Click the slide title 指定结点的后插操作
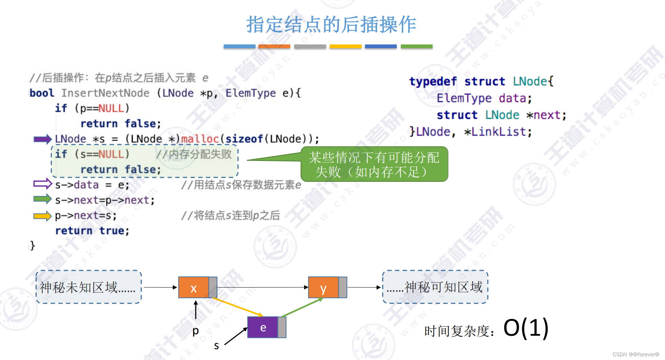click(x=331, y=25)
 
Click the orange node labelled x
click(x=194, y=288)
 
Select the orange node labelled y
click(x=324, y=288)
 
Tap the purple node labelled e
click(x=263, y=328)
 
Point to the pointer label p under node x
click(x=195, y=331)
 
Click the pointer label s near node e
click(x=216, y=346)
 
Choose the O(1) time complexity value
click(x=526, y=328)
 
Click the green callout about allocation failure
click(x=374, y=164)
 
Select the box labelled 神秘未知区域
click(x=89, y=287)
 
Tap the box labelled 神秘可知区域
click(x=435, y=287)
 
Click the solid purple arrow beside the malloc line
click(x=42, y=139)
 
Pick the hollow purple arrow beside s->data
click(x=42, y=184)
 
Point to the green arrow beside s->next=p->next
click(x=42, y=199)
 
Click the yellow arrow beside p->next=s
click(x=42, y=216)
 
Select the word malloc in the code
click(x=200, y=139)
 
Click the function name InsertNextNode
click(x=105, y=93)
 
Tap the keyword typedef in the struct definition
click(x=433, y=81)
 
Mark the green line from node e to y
click(x=302, y=307)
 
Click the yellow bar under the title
click(x=346, y=47)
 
